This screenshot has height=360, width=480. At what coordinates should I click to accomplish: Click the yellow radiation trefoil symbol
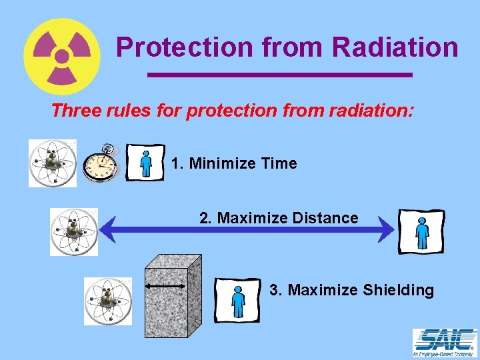tap(62, 56)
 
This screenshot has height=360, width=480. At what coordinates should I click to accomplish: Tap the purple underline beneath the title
tap(279, 75)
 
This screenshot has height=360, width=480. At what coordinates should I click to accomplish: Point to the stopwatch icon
tap(101, 162)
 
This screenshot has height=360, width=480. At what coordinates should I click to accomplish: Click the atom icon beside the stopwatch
tap(52, 163)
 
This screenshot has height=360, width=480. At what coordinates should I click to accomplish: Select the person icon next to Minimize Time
tap(145, 162)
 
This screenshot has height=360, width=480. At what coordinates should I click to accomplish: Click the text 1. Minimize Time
tap(233, 163)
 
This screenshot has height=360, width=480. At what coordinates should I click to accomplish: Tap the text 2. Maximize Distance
tap(279, 218)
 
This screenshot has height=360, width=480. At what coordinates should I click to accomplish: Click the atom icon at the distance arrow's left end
tap(73, 231)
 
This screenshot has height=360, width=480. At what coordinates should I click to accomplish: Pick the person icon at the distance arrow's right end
tap(421, 231)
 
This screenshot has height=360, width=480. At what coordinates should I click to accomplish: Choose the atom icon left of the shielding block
tap(107, 301)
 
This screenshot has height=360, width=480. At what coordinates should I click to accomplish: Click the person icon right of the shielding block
tap(237, 300)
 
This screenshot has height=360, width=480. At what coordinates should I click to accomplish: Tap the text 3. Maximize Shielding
tap(351, 290)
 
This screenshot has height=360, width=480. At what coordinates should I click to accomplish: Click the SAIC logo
tap(445, 343)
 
